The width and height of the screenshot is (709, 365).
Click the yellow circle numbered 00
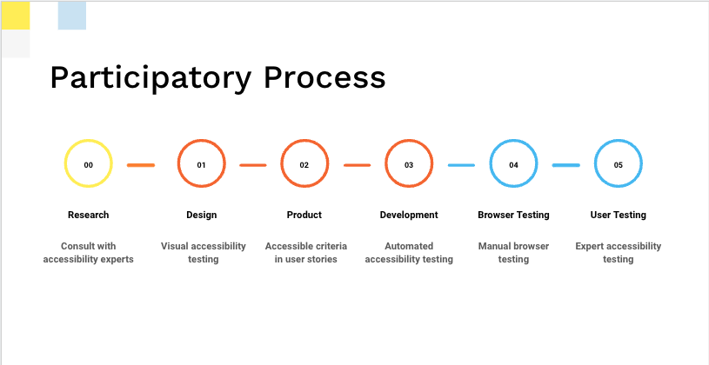65,163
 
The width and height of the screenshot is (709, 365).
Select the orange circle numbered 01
178,163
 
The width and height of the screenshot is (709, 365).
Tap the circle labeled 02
282,163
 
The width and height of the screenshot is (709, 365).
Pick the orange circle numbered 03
386,163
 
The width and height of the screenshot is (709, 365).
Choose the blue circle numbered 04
491,163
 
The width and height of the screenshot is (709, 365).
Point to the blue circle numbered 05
596,163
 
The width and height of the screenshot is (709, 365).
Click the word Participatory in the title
150,78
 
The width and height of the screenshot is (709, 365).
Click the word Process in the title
324,77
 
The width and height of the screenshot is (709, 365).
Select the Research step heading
88,215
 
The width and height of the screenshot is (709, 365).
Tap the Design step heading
201,215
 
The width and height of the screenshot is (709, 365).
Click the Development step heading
409,216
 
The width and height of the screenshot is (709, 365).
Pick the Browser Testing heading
513,215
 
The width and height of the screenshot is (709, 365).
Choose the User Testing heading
619,215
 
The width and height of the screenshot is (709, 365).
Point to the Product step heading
304,215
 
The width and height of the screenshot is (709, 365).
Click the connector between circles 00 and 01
141,165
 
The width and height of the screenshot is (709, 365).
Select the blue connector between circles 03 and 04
462,165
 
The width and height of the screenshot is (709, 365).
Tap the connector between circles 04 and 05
566,165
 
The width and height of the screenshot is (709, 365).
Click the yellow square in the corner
16,16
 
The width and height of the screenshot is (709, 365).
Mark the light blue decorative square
72,16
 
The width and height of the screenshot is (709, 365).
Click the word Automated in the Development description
409,246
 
